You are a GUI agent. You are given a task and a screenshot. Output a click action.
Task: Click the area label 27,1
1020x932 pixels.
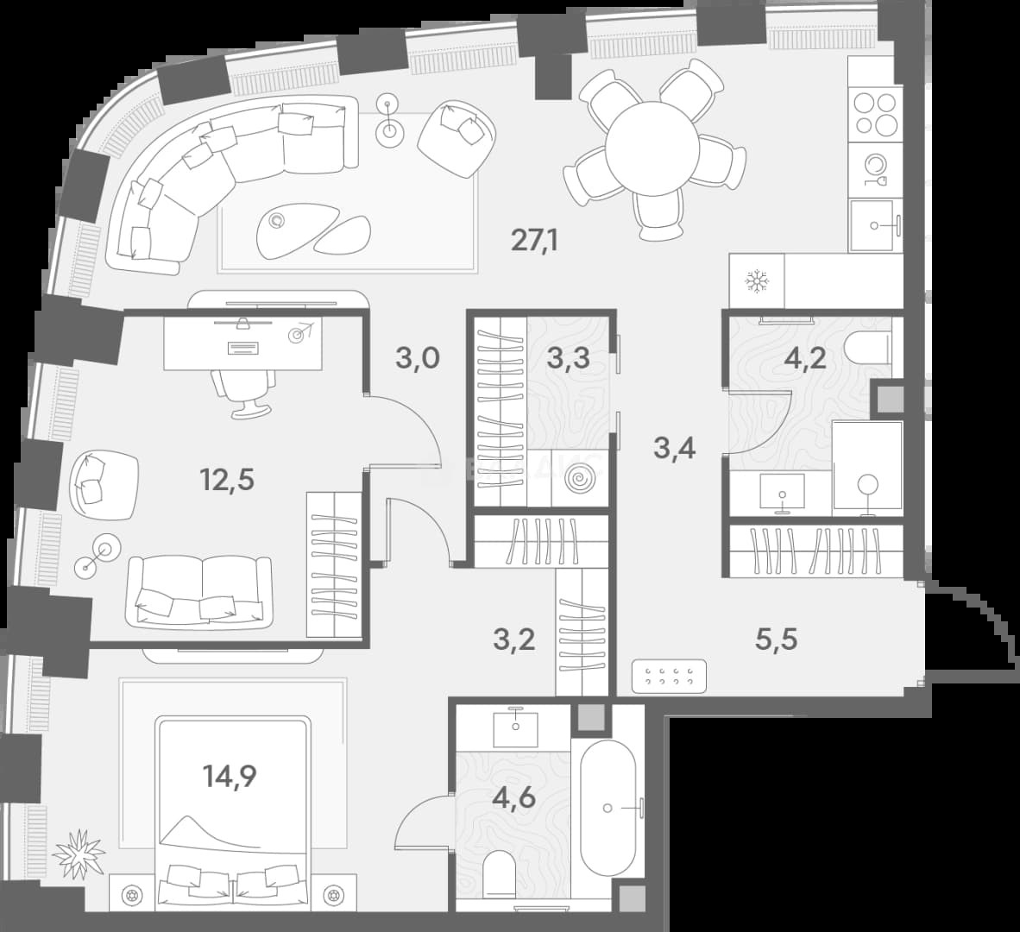535,242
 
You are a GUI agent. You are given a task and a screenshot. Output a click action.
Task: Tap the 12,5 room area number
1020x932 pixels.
226,481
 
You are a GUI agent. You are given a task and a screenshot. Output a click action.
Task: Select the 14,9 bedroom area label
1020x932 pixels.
230,776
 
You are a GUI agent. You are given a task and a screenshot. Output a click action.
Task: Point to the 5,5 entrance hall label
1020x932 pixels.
776,640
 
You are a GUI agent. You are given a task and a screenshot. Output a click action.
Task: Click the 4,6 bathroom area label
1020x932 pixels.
514,797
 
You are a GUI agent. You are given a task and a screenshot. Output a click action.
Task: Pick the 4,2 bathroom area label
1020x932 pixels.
805,358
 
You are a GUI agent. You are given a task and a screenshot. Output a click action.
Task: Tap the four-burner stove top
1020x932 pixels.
876,113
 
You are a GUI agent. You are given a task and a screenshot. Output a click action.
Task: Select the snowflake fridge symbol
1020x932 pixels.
757,282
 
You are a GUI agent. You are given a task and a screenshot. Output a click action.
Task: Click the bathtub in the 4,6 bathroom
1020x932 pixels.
608,808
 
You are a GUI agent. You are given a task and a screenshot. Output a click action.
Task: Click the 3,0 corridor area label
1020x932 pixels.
418,358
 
